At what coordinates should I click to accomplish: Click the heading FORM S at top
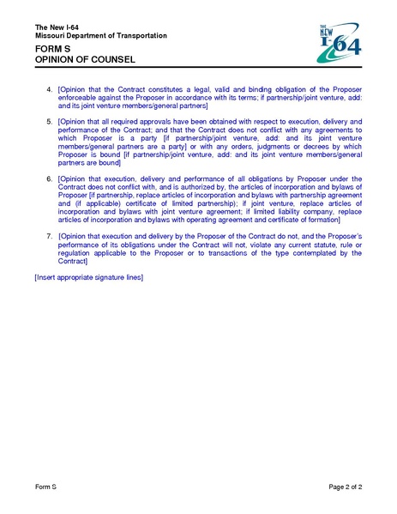click(x=52, y=51)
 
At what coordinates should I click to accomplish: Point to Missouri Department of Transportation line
click(x=101, y=36)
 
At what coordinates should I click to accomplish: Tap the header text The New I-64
click(x=59, y=27)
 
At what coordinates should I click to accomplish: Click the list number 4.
click(x=50, y=89)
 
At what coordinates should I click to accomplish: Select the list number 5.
click(x=50, y=123)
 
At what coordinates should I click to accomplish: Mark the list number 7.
click(x=50, y=234)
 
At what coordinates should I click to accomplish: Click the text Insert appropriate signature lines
click(x=88, y=278)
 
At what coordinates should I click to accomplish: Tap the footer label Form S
click(x=45, y=487)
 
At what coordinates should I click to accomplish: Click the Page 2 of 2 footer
click(x=346, y=487)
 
